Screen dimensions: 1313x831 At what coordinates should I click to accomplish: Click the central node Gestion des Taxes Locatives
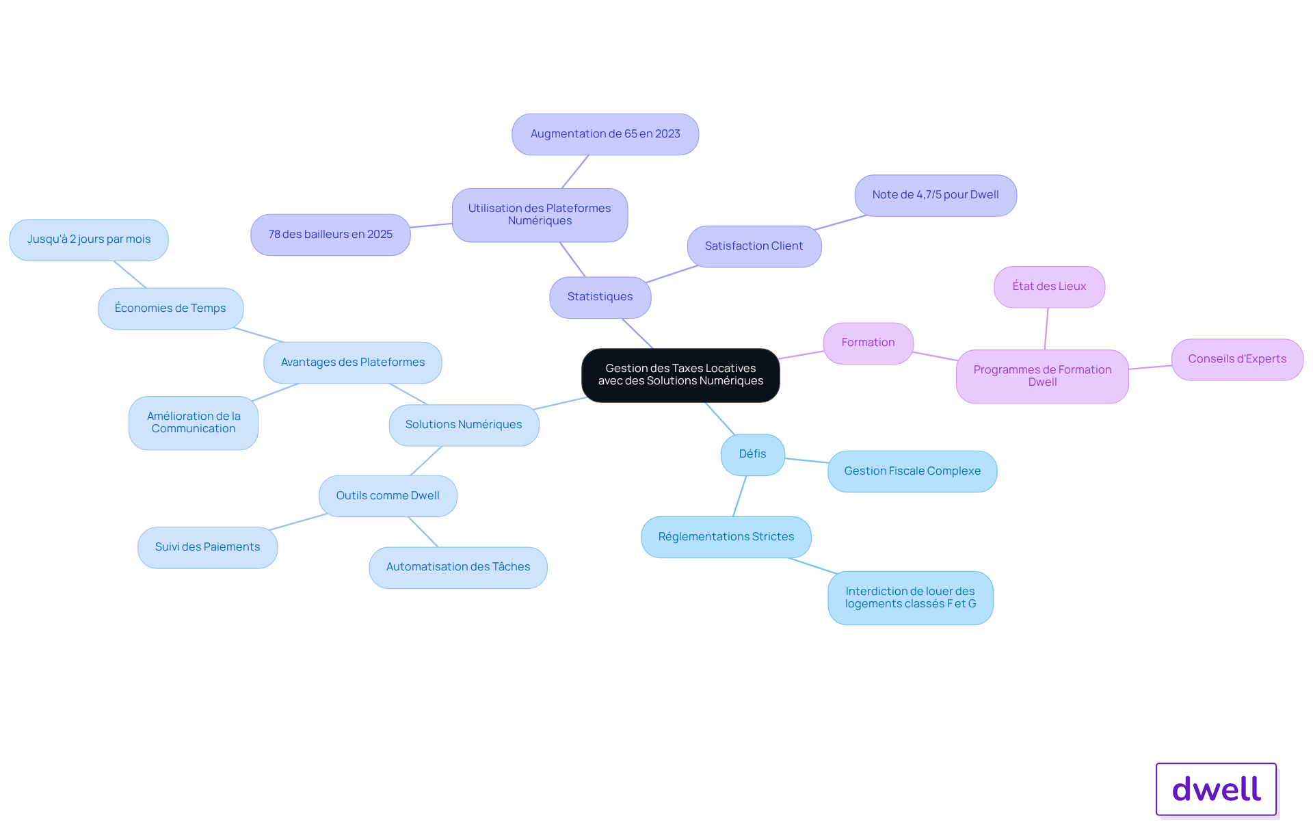680,375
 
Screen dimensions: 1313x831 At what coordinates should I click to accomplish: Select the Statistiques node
600,297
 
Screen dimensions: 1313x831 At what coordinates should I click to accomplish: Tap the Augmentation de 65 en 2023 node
605,134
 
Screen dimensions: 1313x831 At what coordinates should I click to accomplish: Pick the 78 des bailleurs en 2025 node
330,235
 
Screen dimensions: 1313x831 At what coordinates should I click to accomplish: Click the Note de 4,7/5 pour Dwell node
936,195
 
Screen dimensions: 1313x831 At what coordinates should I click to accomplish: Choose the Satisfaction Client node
754,246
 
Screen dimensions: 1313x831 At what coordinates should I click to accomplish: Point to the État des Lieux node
1049,287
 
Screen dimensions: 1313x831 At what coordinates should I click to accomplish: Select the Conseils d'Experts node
1237,359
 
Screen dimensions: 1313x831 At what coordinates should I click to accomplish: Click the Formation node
868,343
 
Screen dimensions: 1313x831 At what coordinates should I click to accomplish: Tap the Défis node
753,454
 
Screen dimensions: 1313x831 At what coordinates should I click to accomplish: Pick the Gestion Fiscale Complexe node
912,471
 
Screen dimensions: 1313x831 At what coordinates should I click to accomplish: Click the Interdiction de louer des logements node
910,598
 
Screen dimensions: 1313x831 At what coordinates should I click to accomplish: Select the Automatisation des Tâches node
458,567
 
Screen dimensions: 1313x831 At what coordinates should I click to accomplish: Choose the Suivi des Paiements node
208,547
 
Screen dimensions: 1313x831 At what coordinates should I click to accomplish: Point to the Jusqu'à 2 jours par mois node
89,239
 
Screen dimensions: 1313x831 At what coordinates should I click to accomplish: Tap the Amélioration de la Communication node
194,423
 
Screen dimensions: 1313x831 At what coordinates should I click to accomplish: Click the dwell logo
1217,789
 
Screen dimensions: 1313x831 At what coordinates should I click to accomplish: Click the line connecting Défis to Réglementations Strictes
740,496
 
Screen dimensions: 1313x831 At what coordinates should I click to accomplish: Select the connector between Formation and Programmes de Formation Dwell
936,356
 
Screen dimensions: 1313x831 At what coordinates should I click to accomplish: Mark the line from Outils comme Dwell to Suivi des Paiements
299,522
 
